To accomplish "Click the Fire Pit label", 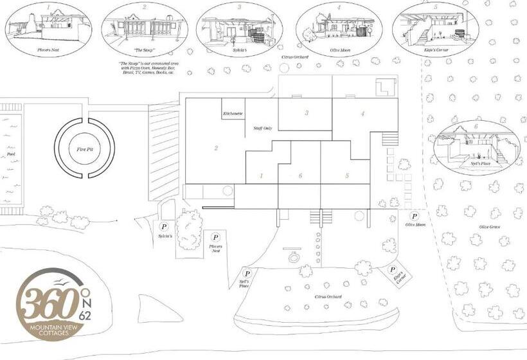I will coord(84,149).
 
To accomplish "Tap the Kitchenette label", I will coord(233,113).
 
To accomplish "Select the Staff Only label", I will coord(263,129).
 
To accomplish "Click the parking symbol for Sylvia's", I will coord(164,226).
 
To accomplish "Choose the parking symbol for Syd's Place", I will coord(247,273).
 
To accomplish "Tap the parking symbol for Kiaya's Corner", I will coord(393,270).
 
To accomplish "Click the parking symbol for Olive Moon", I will coord(415,217).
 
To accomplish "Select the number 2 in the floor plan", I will coord(216,148).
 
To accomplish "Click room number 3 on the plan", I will coord(307,113).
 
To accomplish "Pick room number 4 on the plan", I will coord(363,114).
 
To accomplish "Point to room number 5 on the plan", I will coord(346,175).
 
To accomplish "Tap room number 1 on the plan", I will coord(261,175).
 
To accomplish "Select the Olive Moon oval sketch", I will coord(339,28).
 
